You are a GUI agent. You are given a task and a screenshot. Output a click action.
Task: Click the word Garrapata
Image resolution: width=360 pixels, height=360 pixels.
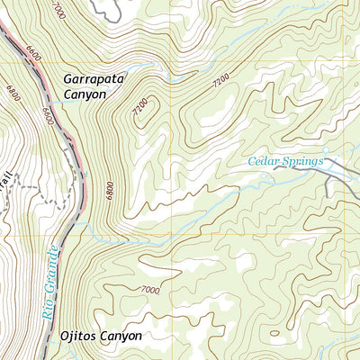[94, 78]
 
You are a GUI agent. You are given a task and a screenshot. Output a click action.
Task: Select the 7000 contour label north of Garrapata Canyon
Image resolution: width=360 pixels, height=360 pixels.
[59, 12]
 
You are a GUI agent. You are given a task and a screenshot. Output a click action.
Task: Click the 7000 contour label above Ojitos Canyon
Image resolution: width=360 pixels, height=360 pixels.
[149, 290]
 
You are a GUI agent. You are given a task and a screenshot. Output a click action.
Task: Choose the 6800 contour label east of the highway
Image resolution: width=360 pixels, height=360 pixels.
[109, 191]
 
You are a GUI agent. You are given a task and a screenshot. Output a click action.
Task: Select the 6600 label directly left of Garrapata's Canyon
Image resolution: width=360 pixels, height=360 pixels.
[47, 114]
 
